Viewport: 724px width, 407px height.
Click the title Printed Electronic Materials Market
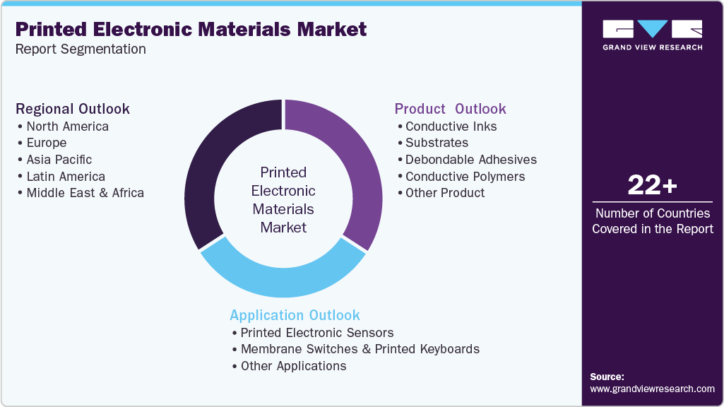point(191,30)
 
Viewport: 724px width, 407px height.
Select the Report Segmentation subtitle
point(81,49)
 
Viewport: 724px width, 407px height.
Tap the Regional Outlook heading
point(73,109)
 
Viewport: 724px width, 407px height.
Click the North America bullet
point(67,126)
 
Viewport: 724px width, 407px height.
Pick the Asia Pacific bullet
point(59,160)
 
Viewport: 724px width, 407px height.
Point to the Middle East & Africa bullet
point(85,193)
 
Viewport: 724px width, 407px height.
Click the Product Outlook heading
point(450,109)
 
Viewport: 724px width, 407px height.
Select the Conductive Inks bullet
point(451,126)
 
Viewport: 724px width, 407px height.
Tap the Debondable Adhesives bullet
point(470,160)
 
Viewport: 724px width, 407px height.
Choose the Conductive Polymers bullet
point(465,177)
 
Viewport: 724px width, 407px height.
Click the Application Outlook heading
point(295,315)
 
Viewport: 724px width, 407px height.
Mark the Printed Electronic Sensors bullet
point(316,333)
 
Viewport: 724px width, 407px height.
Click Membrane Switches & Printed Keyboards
point(360,349)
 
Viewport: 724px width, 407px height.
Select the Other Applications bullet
point(293,366)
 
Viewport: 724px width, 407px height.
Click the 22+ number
point(652,187)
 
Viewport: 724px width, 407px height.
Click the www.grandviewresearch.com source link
point(652,389)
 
